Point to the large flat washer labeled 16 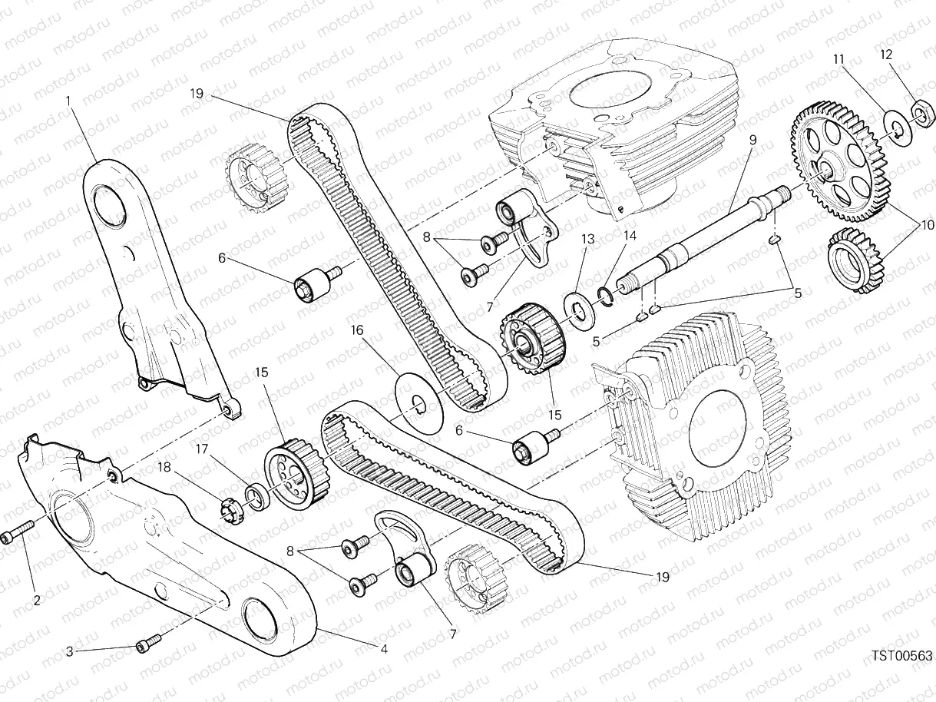(418, 403)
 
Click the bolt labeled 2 (18, 531)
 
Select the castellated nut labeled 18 (230, 512)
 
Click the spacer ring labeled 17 (256, 497)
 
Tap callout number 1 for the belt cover (68, 101)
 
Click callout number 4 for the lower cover (383, 649)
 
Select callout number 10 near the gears (928, 225)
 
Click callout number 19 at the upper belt (197, 94)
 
